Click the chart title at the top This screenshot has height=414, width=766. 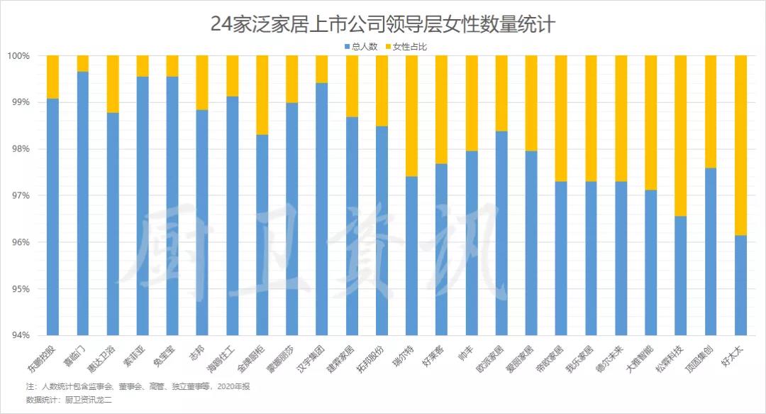click(x=382, y=23)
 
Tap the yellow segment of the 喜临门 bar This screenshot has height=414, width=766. click(x=82, y=63)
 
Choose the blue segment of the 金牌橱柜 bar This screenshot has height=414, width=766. click(x=262, y=234)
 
